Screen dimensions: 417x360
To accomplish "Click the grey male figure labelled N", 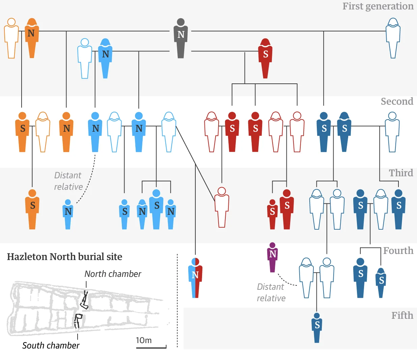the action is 180,38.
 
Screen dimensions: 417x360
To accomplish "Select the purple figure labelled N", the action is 272,257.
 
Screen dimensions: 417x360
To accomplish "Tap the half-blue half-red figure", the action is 195,278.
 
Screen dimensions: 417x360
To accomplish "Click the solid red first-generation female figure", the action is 265,58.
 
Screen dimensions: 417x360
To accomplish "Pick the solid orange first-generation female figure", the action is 32,38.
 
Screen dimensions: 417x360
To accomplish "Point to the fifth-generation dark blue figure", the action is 317,328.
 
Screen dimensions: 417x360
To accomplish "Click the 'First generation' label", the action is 378,6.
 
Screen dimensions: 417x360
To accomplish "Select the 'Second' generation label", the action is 397,101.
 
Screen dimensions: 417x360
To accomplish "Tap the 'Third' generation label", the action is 401,173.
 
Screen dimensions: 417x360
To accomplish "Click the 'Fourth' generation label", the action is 398,251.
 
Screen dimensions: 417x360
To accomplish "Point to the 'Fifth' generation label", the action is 402,315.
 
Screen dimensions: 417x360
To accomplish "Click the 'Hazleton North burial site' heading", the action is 64,257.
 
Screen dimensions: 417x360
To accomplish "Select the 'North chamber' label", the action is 113,274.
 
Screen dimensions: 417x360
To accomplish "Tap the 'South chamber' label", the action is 51,345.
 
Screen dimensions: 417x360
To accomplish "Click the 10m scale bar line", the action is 151,348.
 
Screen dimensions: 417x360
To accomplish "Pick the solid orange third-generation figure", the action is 32,209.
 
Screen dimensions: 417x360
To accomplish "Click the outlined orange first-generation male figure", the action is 11,38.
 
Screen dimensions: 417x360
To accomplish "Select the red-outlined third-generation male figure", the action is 222,207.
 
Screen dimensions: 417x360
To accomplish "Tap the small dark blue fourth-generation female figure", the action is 381,283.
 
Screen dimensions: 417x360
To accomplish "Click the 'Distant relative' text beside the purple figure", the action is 271,292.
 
